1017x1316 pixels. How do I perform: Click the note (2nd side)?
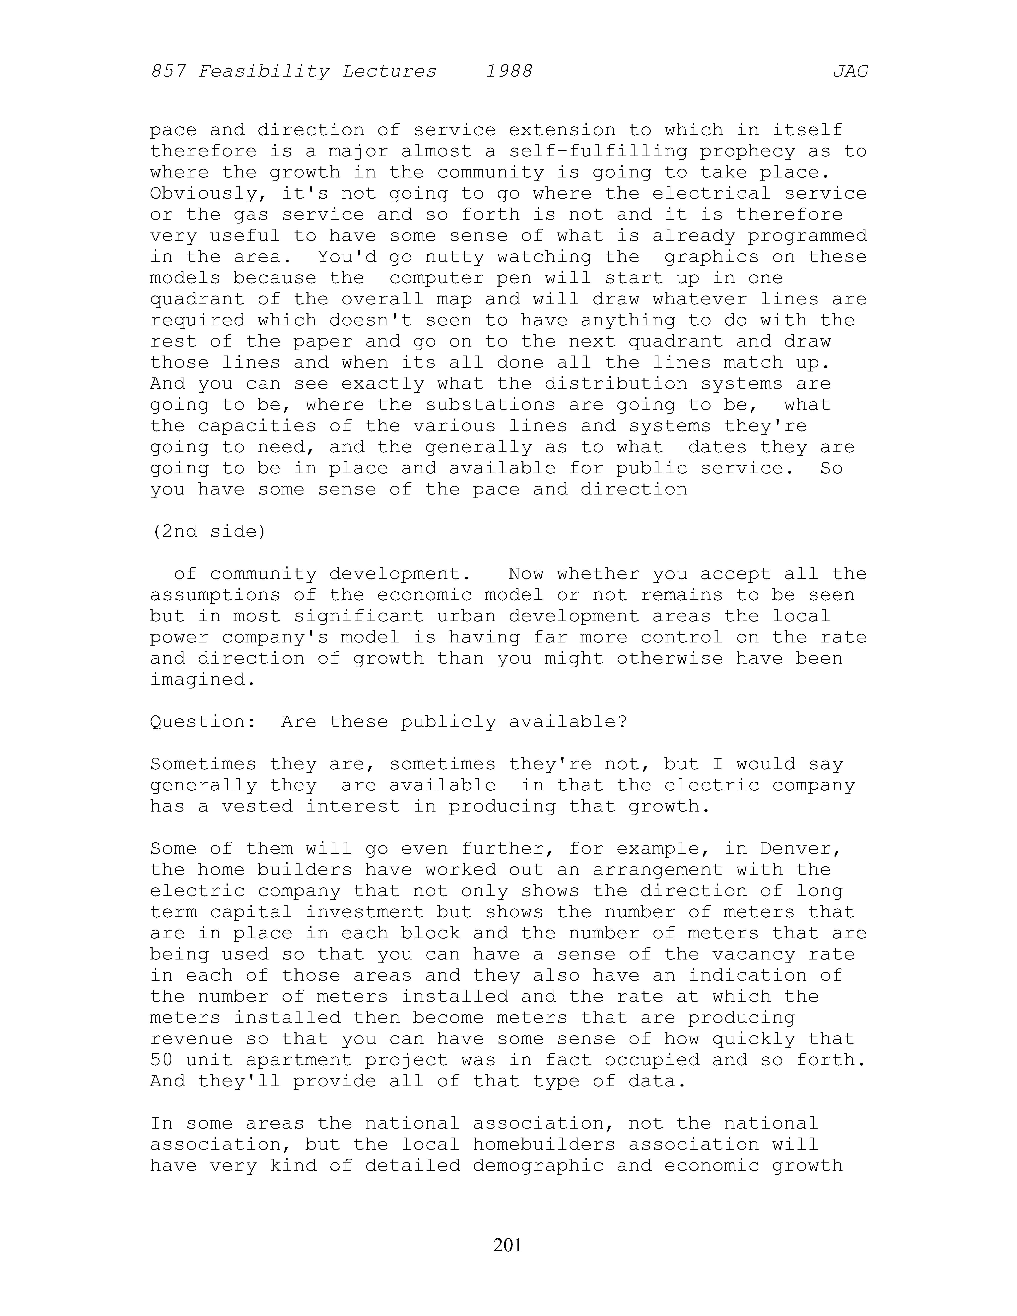[208, 531]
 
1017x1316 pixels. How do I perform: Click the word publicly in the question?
[448, 722]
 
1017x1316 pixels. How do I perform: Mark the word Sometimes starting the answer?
[202, 764]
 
